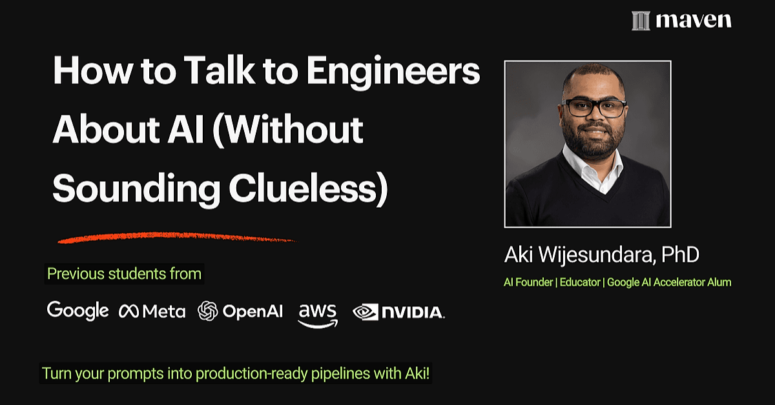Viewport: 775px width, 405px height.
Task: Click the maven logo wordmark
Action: click(x=694, y=21)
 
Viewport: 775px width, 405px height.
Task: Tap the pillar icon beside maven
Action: click(x=641, y=21)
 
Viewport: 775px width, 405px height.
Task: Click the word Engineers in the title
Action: click(x=393, y=72)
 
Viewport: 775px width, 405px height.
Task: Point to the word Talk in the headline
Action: click(x=220, y=70)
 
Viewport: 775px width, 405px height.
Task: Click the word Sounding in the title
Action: click(x=136, y=190)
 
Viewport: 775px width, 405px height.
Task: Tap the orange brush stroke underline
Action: click(x=176, y=237)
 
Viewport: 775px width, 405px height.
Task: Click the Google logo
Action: click(x=77, y=311)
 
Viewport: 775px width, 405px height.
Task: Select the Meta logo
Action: click(x=152, y=311)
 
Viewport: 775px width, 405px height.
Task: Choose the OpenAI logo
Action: click(x=240, y=311)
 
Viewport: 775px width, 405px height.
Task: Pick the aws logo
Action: click(x=318, y=315)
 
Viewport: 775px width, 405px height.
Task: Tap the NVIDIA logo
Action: click(x=398, y=312)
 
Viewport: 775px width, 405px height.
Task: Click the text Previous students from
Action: click(x=124, y=273)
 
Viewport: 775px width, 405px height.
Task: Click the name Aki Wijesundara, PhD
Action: click(x=602, y=255)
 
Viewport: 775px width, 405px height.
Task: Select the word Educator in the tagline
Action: click(x=580, y=282)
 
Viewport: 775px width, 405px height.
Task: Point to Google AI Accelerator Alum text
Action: click(x=669, y=282)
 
